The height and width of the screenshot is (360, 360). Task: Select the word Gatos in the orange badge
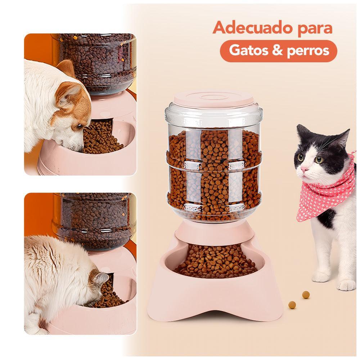248,50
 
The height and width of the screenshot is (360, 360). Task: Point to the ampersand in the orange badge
277,50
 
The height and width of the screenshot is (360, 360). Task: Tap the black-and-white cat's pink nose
304,170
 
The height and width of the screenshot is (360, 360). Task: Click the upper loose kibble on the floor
306,294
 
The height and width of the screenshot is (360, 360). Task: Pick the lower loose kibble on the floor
292,305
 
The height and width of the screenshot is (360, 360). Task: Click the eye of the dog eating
80,126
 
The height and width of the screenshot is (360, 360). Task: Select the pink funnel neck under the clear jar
215,232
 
